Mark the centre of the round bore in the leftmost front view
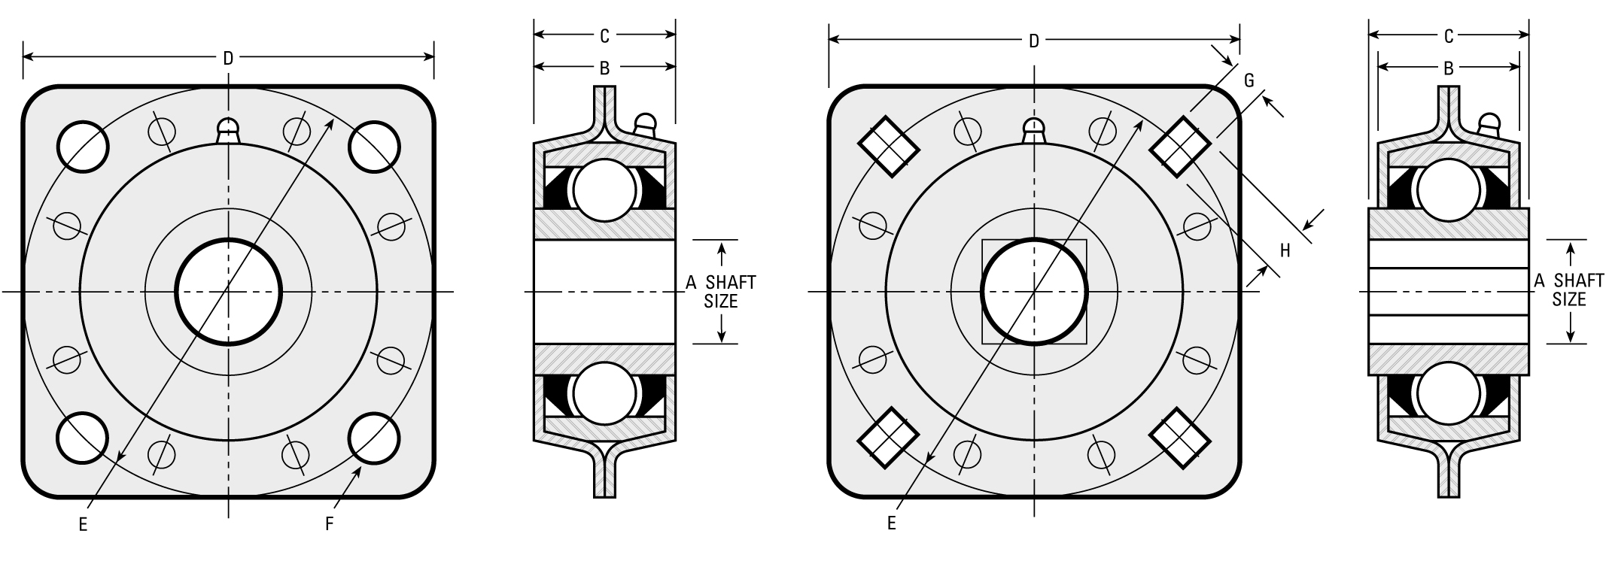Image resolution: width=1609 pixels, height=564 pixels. [x=228, y=291]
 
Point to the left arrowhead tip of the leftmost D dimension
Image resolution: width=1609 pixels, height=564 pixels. [x=23, y=56]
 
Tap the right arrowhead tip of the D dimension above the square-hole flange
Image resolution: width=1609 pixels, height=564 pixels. [x=1239, y=39]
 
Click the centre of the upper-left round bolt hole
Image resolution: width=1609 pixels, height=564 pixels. [x=83, y=146]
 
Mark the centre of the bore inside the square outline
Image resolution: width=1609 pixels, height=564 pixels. [x=1034, y=292]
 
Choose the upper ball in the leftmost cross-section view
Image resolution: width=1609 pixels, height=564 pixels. [x=604, y=190]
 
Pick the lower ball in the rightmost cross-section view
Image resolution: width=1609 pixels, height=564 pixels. [x=1448, y=393]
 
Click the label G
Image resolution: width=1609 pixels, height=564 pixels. [x=1249, y=80]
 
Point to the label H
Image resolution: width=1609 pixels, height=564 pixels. [x=1285, y=251]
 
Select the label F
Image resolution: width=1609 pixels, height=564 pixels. [x=329, y=523]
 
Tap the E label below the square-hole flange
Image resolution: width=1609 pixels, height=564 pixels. [x=891, y=523]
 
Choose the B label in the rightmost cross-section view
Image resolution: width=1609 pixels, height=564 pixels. [x=1448, y=68]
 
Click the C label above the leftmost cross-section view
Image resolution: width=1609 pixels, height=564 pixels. [x=604, y=35]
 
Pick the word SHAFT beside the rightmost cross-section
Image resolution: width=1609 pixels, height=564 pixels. [x=1579, y=280]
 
